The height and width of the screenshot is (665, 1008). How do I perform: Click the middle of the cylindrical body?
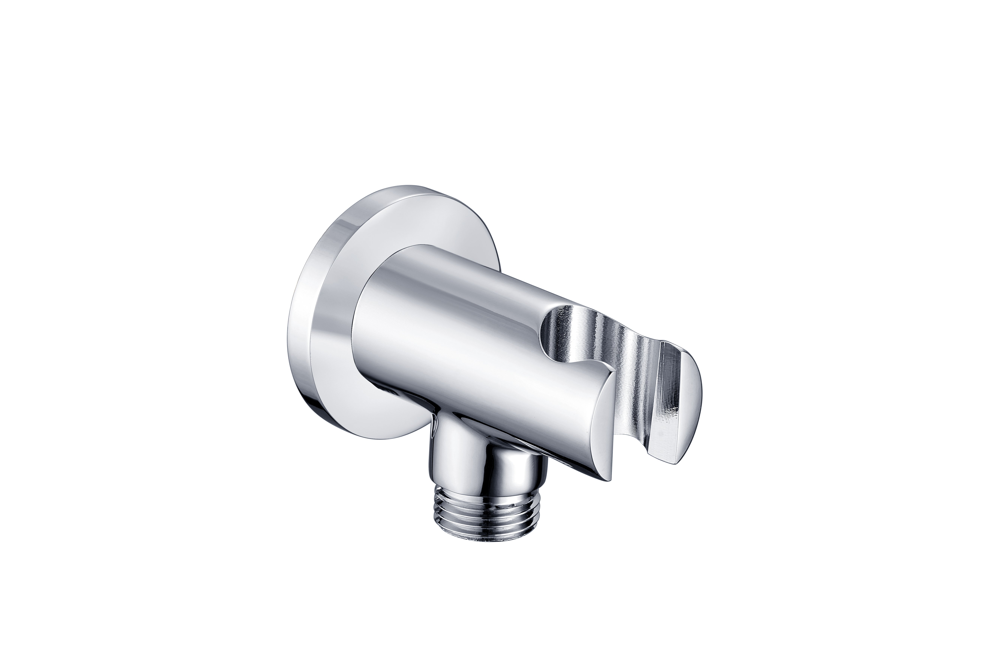point(467,339)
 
